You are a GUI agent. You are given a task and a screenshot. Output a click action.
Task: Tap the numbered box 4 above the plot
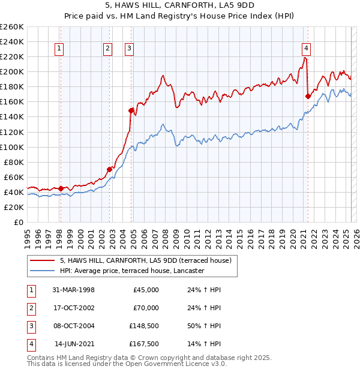(x=306, y=49)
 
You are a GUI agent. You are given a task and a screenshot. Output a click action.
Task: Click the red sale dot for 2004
(x=131, y=110)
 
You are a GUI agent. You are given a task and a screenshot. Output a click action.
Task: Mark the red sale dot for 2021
(x=308, y=95)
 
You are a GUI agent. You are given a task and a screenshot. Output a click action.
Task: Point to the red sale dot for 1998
(x=61, y=188)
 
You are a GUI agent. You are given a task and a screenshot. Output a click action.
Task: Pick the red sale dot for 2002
(x=110, y=169)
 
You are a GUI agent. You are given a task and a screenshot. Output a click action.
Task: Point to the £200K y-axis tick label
(x=11, y=71)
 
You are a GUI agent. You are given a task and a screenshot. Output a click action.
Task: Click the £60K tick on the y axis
(x=13, y=177)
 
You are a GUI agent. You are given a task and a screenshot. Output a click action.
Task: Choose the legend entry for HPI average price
(x=132, y=271)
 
